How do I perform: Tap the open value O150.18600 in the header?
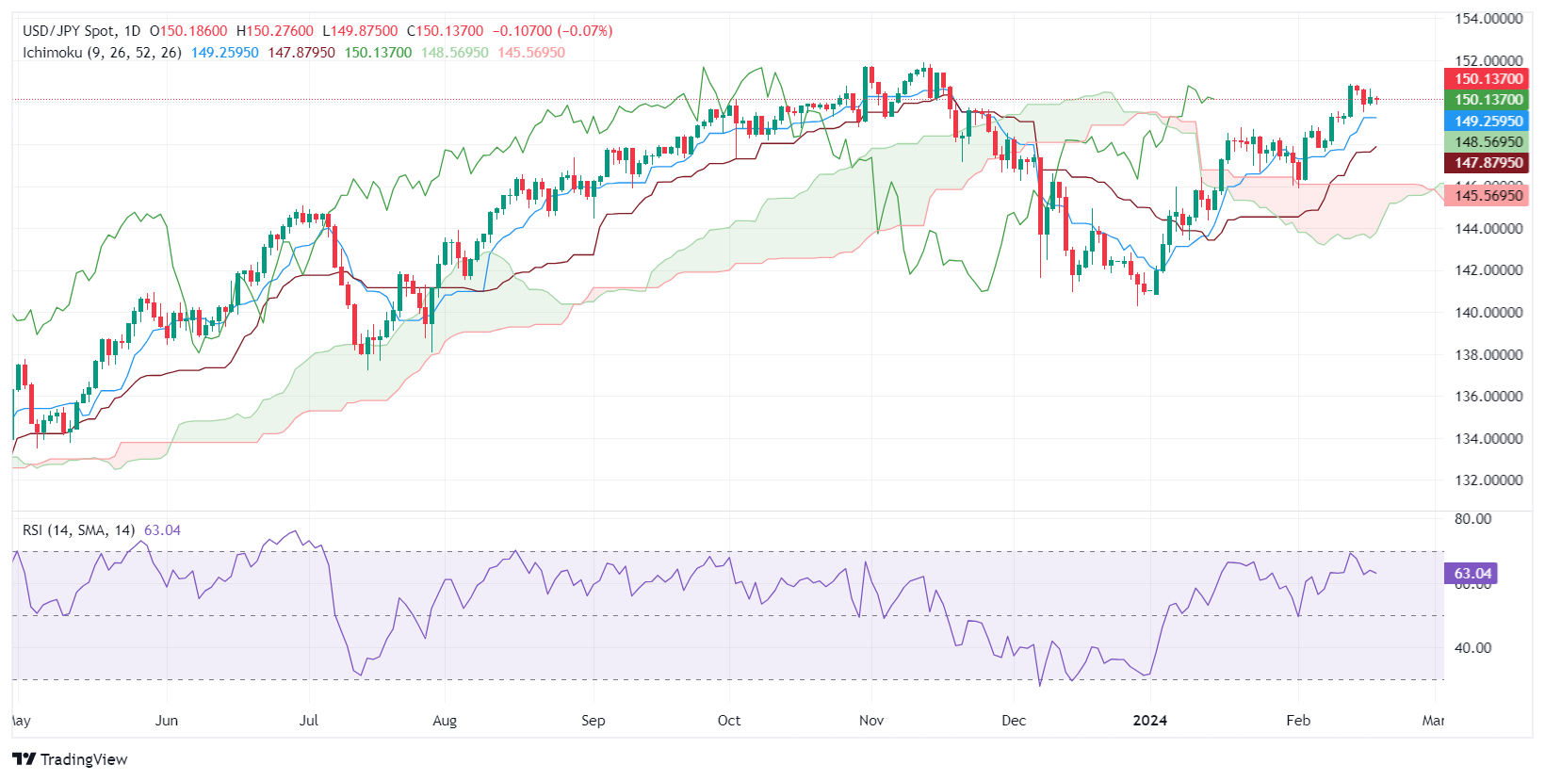point(188,31)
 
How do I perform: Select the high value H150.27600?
point(274,31)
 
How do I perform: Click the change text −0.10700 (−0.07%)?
point(552,31)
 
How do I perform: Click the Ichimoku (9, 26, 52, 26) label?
point(102,53)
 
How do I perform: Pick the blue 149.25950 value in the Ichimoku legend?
point(224,53)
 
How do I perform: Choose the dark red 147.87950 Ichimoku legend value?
point(301,53)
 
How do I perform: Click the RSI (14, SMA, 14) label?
point(78,530)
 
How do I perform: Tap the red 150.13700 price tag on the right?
point(1488,79)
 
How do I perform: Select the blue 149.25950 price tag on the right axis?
point(1488,121)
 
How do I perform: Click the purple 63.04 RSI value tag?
point(1472,573)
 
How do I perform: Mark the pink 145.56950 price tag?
point(1488,196)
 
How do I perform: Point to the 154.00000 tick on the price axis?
point(1488,19)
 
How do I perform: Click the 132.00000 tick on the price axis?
point(1488,480)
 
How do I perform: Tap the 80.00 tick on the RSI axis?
point(1472,519)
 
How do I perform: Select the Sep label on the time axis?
point(593,721)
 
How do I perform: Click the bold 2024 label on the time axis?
point(1149,721)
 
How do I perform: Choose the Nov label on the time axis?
point(871,721)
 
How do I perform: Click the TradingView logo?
point(71,759)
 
